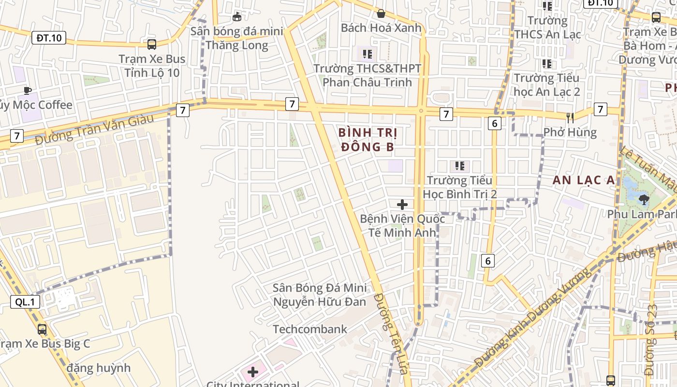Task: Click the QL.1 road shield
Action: coord(25,302)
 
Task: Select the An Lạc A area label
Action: coord(584,180)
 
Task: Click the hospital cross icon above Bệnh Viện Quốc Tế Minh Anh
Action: coord(402,204)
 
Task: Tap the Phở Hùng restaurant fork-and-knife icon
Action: coord(570,117)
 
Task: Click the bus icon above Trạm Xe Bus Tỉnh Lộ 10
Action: coord(152,45)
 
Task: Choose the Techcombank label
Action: coord(310,329)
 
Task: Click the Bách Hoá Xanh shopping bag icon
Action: coord(381,14)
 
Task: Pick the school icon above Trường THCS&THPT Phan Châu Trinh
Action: coord(368,54)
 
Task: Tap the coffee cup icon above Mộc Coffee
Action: coord(28,90)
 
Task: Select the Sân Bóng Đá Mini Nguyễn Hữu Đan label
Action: coord(319,295)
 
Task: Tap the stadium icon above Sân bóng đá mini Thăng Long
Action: coord(236,17)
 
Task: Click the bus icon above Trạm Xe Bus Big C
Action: coord(42,329)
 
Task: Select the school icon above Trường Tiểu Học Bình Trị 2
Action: coord(459,166)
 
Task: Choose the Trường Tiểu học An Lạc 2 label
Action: coord(546,84)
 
